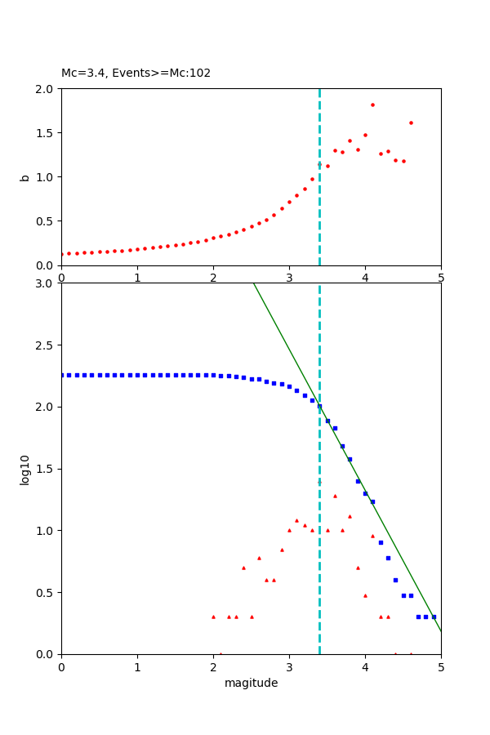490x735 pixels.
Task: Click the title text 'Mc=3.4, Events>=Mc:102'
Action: (x=136, y=73)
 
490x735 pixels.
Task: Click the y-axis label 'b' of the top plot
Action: (x=24, y=176)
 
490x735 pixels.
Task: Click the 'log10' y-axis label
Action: (x=24, y=470)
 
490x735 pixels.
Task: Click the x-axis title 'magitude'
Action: (x=251, y=683)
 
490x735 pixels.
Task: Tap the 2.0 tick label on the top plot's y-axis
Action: (x=46, y=89)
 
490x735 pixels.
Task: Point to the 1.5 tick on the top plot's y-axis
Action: (x=46, y=133)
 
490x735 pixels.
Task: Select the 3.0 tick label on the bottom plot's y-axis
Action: (x=46, y=283)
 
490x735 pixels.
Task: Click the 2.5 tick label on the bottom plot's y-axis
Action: (x=46, y=345)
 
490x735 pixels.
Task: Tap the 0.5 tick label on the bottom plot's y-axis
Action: (x=46, y=592)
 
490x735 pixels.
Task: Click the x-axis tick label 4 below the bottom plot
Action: (x=365, y=667)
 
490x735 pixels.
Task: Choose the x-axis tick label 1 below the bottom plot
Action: (x=137, y=667)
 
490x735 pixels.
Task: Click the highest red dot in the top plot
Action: (x=372, y=105)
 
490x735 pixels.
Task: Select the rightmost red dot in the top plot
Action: (x=411, y=122)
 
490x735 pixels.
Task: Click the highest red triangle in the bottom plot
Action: (x=335, y=496)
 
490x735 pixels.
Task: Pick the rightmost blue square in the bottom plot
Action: (x=434, y=617)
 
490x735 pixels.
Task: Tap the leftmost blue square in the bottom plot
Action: (x=62, y=375)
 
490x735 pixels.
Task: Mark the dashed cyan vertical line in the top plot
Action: (x=319, y=212)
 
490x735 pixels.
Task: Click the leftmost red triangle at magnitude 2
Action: (x=213, y=617)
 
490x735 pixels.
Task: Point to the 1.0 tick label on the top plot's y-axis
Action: (x=46, y=177)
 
